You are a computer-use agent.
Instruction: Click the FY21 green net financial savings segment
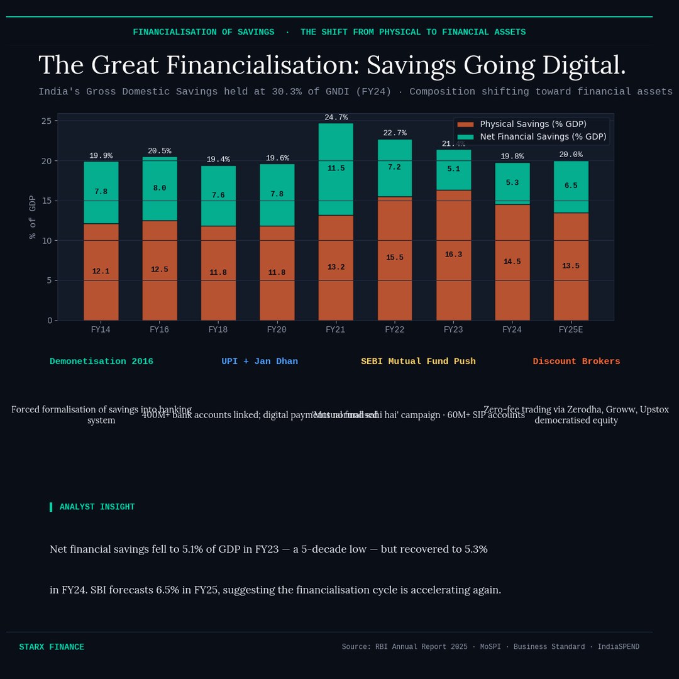335,169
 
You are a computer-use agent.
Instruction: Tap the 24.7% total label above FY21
336,118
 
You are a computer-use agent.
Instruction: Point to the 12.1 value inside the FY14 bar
101,272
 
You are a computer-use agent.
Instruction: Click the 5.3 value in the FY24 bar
512,183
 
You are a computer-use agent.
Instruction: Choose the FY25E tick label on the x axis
571,329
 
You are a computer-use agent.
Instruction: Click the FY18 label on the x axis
218,329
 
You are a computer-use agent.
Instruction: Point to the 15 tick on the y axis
46,201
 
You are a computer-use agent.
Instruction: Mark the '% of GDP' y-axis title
33,217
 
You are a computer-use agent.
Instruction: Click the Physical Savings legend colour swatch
465,124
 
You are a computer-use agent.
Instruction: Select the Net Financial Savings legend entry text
543,136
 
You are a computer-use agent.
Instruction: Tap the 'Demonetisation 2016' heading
101,362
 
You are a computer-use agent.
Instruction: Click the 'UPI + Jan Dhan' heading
260,362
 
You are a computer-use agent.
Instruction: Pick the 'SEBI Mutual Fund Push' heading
418,362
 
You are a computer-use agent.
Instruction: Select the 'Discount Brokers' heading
576,362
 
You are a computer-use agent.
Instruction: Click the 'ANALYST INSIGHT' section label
97,507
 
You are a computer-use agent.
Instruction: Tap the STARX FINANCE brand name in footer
52,647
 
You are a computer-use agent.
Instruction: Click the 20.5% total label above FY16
159,151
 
